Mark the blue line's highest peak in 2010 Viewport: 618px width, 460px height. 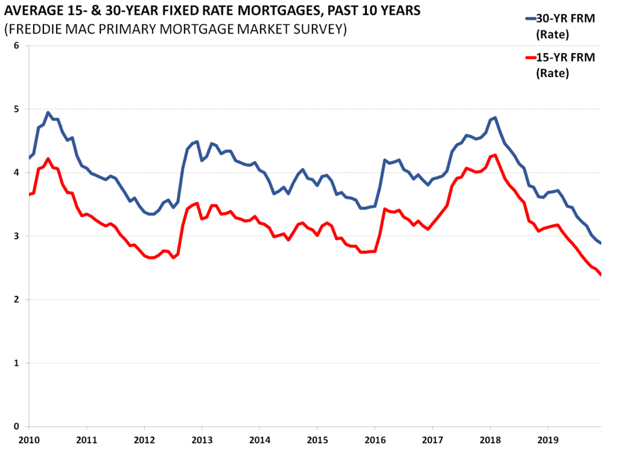click(x=48, y=112)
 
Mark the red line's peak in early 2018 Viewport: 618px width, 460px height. click(x=495, y=155)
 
